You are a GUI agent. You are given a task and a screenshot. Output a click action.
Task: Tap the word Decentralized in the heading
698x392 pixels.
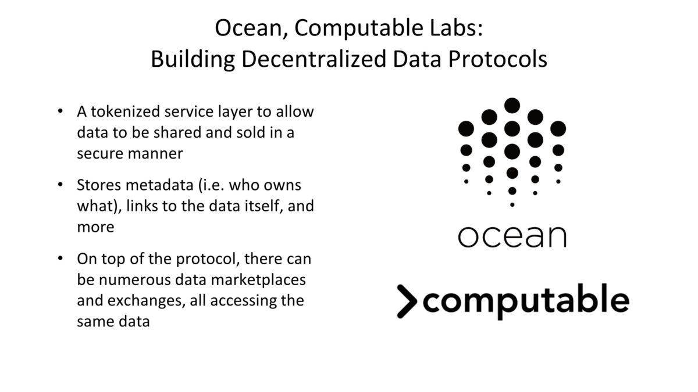[314, 59]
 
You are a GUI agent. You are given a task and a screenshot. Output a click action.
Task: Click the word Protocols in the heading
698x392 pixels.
[498, 59]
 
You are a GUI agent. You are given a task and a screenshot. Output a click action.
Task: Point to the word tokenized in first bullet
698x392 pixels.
[125, 112]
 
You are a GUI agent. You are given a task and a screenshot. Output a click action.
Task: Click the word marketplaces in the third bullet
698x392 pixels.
[258, 280]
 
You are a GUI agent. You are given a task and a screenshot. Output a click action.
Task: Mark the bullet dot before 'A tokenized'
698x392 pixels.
[60, 111]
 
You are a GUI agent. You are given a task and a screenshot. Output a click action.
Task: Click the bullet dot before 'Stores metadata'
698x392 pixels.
[60, 185]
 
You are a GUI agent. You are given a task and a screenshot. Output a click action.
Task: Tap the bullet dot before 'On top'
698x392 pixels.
[60, 258]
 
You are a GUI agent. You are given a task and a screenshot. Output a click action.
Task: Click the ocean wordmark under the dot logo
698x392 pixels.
[512, 236]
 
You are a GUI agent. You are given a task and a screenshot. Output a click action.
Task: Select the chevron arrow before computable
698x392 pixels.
[407, 301]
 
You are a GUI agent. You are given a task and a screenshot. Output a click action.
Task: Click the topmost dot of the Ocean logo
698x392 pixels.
[512, 106]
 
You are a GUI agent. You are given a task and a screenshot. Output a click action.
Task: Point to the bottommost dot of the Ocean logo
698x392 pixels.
[512, 204]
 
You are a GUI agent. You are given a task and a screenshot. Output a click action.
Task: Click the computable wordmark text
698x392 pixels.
[526, 301]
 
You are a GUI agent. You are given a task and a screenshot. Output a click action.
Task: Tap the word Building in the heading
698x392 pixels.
[193, 60]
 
